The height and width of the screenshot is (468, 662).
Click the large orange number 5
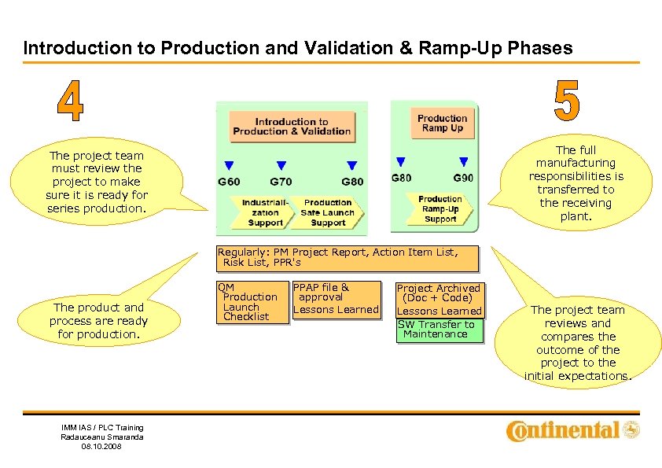[x=567, y=101]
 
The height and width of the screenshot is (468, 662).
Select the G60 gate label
[x=229, y=182]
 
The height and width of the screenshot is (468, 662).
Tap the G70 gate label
[x=281, y=182]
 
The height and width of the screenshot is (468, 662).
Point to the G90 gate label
[x=463, y=178]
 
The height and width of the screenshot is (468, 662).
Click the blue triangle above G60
[x=229, y=166]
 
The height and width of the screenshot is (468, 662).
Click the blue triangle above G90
[x=464, y=162]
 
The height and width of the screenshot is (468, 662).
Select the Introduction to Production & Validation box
[x=292, y=127]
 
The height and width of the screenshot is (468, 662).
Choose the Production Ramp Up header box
[x=443, y=123]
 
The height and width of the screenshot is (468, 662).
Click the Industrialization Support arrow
[x=265, y=212]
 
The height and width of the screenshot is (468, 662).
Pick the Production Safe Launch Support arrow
[x=328, y=212]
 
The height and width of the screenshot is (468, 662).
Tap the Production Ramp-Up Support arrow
[x=440, y=209]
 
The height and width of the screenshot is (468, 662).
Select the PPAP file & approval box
[x=336, y=298]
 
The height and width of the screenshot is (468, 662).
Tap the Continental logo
[x=573, y=430]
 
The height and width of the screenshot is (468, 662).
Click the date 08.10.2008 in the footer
[x=102, y=447]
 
